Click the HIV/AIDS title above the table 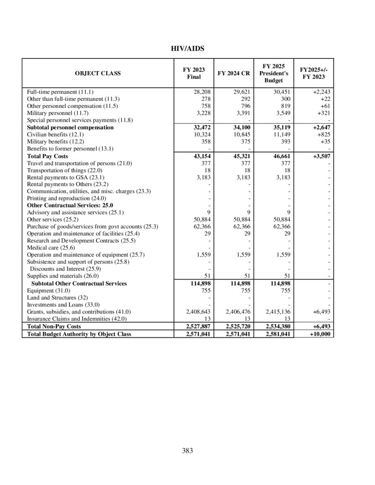[x=187, y=48]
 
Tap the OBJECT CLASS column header [x=98, y=73]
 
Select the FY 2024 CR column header [x=233, y=73]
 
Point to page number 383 [x=187, y=451]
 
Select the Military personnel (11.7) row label [x=57, y=113]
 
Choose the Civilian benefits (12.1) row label [x=55, y=135]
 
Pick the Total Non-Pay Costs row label [x=54, y=326]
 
